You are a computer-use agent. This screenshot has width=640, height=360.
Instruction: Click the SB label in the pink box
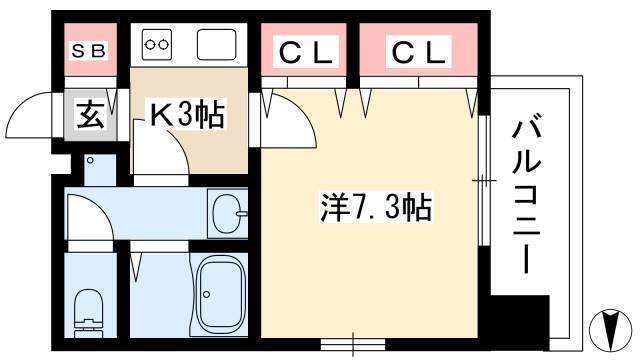point(89,51)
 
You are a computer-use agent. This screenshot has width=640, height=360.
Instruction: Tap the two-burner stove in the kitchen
point(157,44)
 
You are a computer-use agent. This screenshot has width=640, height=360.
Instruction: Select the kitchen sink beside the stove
point(216,44)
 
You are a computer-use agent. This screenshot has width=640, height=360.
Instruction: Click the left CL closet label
point(306,52)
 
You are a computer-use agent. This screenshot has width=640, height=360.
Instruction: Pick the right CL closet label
point(418,52)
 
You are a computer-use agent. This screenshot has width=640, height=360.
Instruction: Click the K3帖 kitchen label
point(187,115)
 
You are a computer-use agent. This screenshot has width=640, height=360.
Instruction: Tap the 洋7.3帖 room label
point(376,207)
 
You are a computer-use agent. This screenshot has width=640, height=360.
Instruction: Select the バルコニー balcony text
point(527,197)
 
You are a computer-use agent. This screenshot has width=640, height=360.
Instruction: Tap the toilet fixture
point(89,313)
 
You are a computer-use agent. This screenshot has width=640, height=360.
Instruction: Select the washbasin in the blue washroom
point(228,213)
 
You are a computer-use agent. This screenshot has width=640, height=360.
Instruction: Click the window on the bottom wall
point(353,344)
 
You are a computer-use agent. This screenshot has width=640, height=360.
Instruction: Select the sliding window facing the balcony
point(484,180)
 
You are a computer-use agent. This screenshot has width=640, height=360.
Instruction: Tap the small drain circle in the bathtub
point(207,294)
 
